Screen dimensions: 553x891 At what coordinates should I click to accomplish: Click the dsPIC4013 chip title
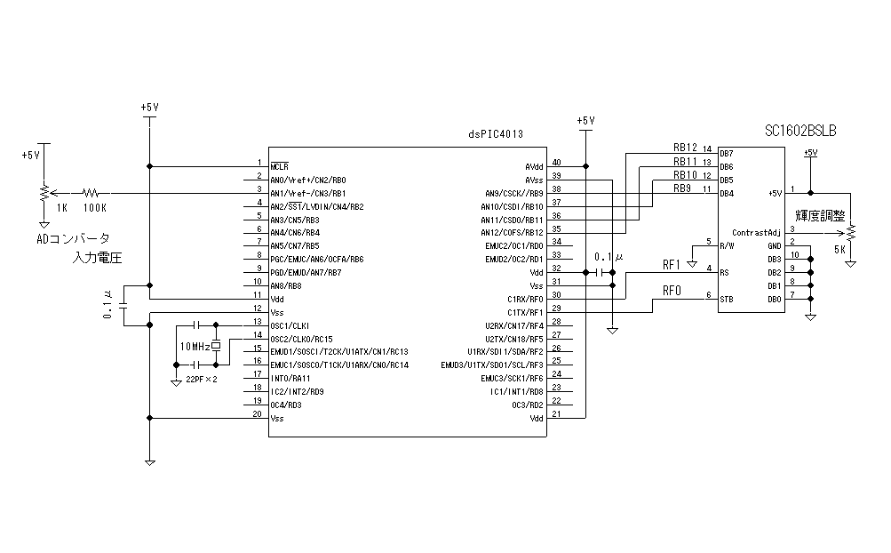coord(496,133)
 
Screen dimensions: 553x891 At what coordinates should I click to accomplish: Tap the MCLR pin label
coord(279,166)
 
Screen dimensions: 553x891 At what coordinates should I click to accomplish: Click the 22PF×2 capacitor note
coord(201,380)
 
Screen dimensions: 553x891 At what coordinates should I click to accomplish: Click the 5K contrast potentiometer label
coord(839,250)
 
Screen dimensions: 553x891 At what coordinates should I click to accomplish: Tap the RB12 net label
coord(685,148)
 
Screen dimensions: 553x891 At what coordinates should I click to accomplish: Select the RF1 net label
coord(672,264)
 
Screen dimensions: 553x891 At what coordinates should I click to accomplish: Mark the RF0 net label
coord(672,290)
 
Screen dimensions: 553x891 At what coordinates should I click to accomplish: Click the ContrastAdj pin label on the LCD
coord(756,232)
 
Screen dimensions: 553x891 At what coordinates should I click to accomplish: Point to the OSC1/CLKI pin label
coord(289,325)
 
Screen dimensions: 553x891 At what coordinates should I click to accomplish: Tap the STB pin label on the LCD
coord(726,300)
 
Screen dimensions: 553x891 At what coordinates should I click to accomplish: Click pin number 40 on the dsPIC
coord(556,162)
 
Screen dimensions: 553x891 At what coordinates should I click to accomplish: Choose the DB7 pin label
coord(726,153)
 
